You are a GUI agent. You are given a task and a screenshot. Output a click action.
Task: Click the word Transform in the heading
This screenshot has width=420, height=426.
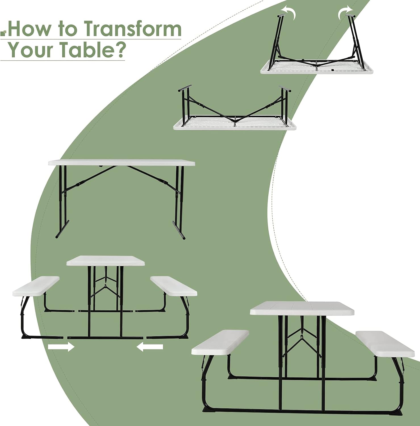point(133,29)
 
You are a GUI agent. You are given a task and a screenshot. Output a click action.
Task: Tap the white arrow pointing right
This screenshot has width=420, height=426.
point(61,347)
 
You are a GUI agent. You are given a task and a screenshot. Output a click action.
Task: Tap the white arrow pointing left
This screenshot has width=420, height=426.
point(150,347)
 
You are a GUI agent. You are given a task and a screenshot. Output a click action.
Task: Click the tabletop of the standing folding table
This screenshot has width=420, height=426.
point(122,163)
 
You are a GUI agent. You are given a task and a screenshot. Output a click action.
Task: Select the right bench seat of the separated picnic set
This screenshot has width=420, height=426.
point(174,286)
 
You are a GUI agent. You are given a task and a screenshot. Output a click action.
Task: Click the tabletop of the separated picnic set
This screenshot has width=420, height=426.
point(106,261)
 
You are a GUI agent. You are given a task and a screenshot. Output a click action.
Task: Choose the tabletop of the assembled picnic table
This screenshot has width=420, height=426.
point(302,308)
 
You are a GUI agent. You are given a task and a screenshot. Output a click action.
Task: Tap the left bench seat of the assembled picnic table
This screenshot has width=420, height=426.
point(220,343)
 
